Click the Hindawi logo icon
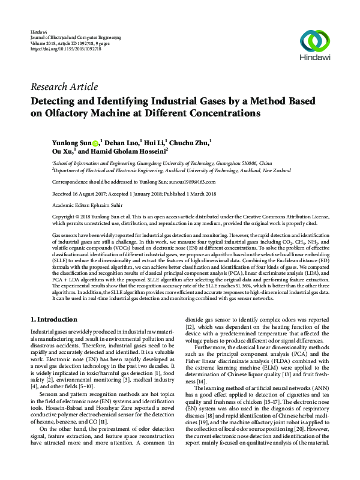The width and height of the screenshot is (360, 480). (x=315, y=41)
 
